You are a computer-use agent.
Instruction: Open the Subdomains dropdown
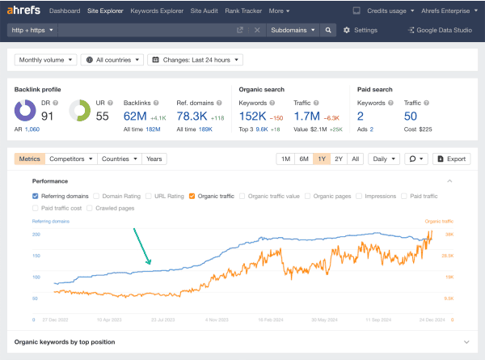(x=293, y=30)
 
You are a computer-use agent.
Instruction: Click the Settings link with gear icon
(x=361, y=30)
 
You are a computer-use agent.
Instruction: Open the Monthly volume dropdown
(x=46, y=60)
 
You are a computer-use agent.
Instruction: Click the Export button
(x=451, y=159)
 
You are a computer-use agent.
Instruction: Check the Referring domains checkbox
(x=35, y=196)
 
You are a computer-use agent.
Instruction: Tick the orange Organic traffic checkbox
(x=192, y=196)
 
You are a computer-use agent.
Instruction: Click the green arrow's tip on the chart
(x=150, y=265)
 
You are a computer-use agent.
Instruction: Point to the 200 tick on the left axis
(x=36, y=235)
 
